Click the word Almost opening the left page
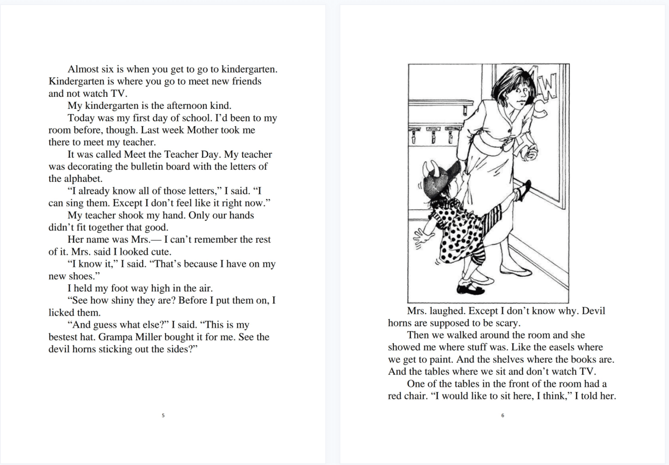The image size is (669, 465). point(83,69)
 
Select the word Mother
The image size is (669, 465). point(202,130)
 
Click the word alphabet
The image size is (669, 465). point(83,179)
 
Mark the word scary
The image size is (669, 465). point(507,323)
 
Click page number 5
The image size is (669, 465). point(163,415)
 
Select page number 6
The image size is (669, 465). point(503,415)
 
